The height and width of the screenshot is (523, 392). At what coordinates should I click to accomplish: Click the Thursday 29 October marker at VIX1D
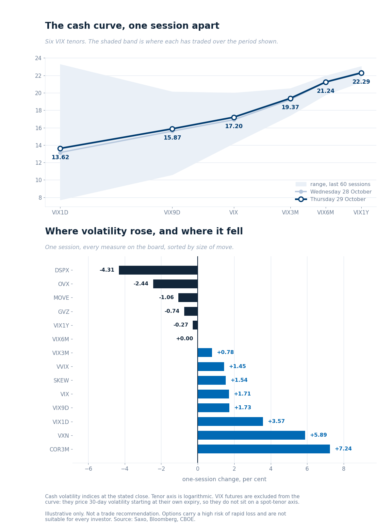coord(60,148)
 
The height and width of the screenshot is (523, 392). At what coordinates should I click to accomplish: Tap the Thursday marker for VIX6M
coord(326,82)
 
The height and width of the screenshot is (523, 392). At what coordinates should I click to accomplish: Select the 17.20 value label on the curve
coord(234,126)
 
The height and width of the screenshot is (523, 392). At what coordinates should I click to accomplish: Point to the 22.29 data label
coord(361,82)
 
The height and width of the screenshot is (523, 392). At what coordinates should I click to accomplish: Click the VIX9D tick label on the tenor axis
coord(172,212)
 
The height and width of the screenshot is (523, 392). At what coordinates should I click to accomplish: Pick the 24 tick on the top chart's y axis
coord(38,58)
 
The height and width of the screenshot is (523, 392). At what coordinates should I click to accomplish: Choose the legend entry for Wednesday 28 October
coord(333,192)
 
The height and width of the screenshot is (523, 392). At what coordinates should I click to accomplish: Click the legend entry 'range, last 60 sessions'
coord(333,184)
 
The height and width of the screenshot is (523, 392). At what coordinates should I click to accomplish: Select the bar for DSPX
coord(158,270)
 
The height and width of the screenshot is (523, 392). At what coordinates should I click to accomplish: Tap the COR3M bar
coord(264,449)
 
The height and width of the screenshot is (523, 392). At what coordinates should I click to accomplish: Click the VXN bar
coord(251,435)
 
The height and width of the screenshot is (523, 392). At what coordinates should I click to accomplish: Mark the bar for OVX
coord(175,284)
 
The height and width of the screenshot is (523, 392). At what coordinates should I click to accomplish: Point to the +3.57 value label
coord(276,421)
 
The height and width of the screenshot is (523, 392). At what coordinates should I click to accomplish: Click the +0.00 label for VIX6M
coord(185,339)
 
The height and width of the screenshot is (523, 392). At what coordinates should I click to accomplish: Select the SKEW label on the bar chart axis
coord(61,380)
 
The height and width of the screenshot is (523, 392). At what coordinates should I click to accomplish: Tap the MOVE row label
coord(61,298)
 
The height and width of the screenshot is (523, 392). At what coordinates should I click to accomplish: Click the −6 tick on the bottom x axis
coord(88,469)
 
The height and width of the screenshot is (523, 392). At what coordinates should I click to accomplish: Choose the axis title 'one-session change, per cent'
coord(224,480)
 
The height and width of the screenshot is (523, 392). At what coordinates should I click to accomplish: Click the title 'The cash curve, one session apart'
coord(132,26)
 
